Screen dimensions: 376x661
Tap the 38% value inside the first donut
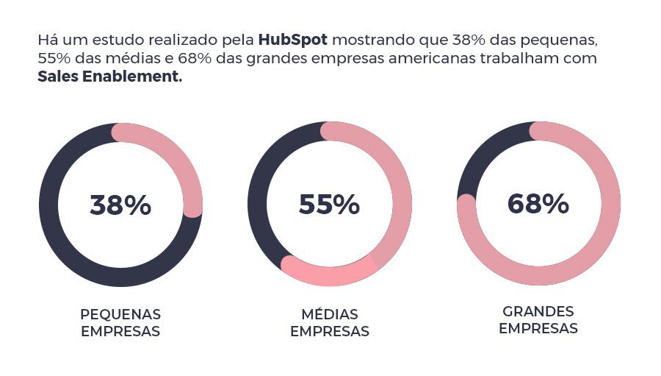[120, 205]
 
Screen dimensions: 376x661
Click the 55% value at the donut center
[329, 205]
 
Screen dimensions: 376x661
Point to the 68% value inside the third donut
[538, 204]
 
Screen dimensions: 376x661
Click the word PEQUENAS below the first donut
[120, 314]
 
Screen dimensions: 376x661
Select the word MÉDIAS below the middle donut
[329, 314]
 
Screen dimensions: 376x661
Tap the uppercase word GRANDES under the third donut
[538, 311]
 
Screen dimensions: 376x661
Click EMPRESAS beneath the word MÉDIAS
[329, 332]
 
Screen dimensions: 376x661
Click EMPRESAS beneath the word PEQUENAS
[120, 332]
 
